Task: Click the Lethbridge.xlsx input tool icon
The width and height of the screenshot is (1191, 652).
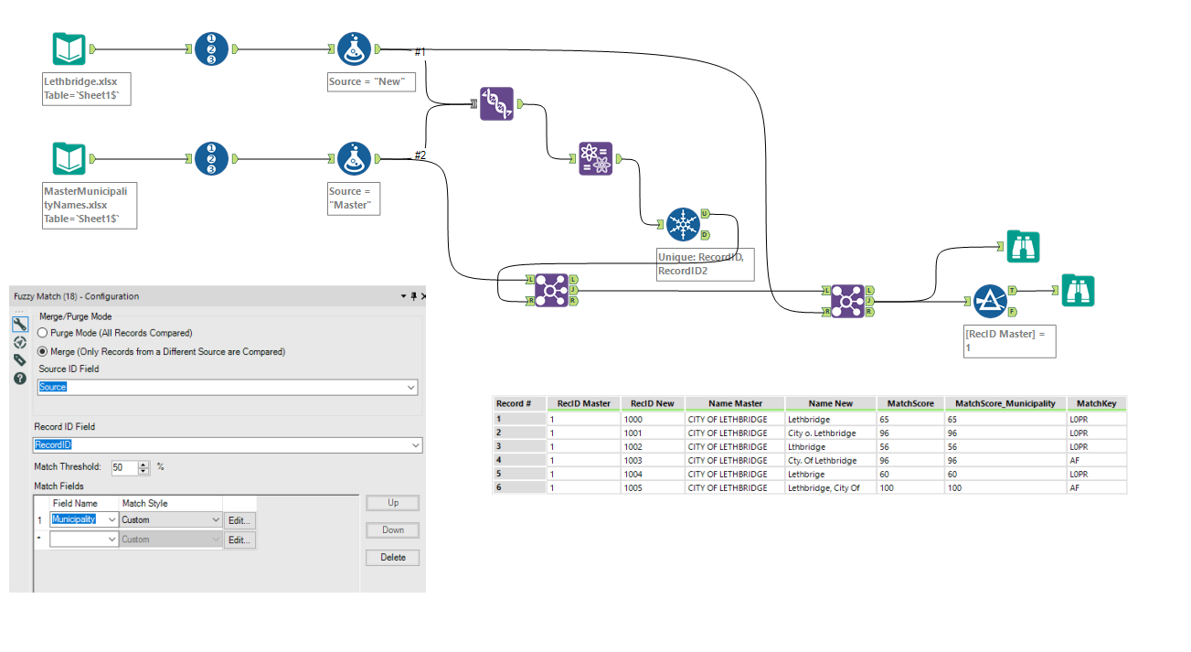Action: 69,49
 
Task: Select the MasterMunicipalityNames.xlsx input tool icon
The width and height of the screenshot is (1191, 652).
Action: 69,158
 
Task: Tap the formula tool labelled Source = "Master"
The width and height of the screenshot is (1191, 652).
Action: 354,158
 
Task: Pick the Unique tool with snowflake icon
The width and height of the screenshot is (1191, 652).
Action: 683,224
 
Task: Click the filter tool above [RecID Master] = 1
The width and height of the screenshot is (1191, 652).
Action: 990,301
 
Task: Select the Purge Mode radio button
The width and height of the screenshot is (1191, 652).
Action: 42,333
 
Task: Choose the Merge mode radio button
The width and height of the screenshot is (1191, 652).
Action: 42,351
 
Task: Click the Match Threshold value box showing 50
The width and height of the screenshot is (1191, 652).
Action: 123,467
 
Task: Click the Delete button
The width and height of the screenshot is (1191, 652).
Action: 393,558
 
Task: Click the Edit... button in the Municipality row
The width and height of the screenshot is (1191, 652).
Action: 239,520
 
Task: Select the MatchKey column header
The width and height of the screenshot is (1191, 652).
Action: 1090,403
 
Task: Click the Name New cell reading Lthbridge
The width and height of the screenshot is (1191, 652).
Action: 806,447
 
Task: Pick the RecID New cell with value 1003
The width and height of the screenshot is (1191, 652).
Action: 633,461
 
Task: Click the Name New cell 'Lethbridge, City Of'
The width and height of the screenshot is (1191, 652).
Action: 824,488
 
